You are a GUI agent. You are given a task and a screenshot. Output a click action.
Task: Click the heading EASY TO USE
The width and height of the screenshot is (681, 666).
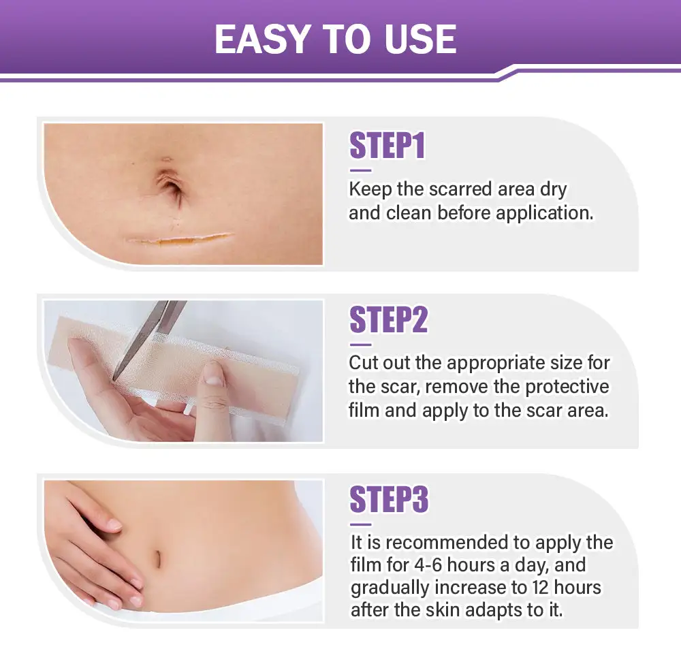335,39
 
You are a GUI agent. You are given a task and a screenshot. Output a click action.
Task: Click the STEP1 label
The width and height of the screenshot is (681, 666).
387,146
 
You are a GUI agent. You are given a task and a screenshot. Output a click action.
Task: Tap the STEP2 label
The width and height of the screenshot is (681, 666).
388,320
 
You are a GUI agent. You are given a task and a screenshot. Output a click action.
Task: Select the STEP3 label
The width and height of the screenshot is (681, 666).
389,500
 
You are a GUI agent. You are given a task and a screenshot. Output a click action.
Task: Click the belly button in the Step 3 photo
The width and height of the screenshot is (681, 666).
156,558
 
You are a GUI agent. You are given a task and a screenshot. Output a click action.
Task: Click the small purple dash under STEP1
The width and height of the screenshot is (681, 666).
360,170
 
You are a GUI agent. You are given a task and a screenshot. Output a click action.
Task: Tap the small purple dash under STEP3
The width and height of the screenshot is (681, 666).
361,524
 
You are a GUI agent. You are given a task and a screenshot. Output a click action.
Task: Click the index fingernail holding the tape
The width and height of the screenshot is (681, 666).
214,373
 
